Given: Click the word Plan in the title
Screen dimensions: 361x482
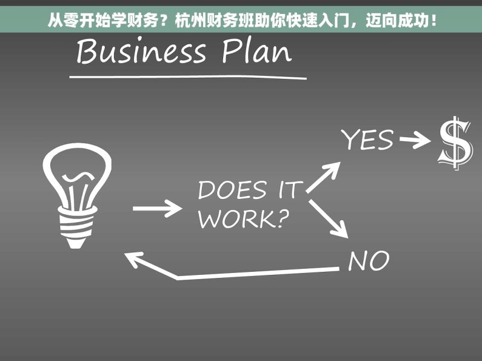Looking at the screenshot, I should pyautogui.click(x=256, y=52).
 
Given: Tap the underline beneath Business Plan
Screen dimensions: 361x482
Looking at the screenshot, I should pyautogui.click(x=188, y=76).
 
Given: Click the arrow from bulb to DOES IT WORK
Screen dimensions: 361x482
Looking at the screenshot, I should pyautogui.click(x=156, y=209).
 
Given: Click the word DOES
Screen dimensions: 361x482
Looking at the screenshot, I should pyautogui.click(x=232, y=191).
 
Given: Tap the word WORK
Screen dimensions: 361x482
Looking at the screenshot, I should pyautogui.click(x=232, y=219).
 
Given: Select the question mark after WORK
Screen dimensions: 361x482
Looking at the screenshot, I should pyautogui.click(x=279, y=218).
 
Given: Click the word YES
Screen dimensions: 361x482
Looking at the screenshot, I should pyautogui.click(x=367, y=140).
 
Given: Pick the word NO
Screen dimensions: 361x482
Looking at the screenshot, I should pyautogui.click(x=368, y=261).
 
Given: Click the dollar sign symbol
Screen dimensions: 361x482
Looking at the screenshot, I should pyautogui.click(x=455, y=143).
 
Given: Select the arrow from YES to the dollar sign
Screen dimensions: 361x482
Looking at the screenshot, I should pyautogui.click(x=415, y=141).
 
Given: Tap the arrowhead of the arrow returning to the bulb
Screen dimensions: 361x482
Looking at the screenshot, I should pyautogui.click(x=135, y=260).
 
